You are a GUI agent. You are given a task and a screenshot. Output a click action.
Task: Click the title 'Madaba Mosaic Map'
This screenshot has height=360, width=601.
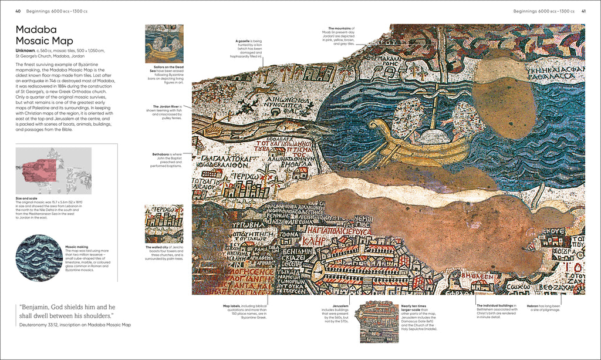pyautogui.click(x=44, y=35)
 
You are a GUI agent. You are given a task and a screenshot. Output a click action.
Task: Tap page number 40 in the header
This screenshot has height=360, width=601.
pyautogui.click(x=18, y=11)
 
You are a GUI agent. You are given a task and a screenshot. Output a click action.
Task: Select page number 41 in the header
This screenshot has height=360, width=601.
pyautogui.click(x=583, y=11)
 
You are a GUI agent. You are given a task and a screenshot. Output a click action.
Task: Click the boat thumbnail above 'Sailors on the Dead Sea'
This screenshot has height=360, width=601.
pyautogui.click(x=164, y=43)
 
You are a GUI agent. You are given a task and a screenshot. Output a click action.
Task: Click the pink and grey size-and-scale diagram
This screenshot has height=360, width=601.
pyautogui.click(x=53, y=170)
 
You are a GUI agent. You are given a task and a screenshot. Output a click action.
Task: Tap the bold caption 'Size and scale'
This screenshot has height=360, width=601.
pyautogui.click(x=26, y=198)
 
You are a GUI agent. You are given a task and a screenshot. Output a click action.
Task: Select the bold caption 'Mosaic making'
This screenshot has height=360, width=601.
pyautogui.click(x=75, y=247)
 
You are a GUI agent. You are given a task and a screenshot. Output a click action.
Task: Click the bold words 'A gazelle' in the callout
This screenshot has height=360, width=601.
pyautogui.click(x=243, y=41)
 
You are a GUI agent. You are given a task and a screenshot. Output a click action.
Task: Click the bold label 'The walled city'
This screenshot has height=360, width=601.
pyautogui.click(x=157, y=247)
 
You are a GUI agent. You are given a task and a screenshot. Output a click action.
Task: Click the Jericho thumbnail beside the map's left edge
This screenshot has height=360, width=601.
pyautogui.click(x=164, y=223)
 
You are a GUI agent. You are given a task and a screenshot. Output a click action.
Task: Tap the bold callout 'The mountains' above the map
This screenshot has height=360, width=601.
pyautogui.click(x=340, y=28)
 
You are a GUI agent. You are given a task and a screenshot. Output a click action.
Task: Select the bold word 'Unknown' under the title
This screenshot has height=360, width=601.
pyautogui.click(x=25, y=51)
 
